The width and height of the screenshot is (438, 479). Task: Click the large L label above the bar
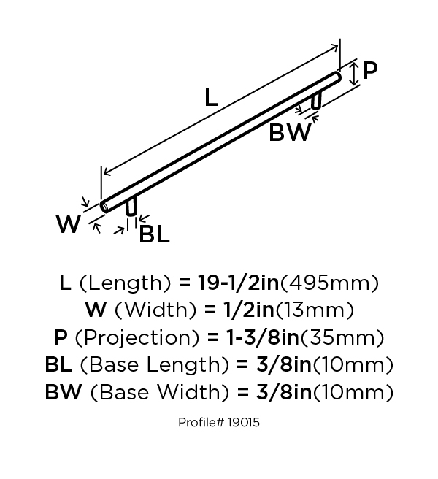click(211, 97)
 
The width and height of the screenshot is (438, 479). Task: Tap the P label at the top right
click(370, 71)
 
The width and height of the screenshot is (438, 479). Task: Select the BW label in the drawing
click(290, 132)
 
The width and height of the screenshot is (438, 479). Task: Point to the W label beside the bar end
click(69, 224)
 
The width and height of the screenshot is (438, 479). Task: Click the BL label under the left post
click(154, 234)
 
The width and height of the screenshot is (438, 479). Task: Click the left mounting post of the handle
click(131, 207)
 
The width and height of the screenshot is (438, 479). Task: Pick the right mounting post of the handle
click(316, 100)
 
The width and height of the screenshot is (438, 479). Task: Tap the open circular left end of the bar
click(104, 207)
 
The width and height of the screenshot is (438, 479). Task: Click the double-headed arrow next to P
click(354, 74)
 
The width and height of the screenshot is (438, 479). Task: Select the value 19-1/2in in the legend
click(239, 283)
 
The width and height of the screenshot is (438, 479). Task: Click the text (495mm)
click(329, 283)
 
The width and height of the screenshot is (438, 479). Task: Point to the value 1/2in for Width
click(249, 310)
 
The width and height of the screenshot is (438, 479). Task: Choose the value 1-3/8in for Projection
click(262, 337)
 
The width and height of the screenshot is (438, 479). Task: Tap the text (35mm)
click(342, 337)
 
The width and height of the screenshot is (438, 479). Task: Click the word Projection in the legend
click(137, 337)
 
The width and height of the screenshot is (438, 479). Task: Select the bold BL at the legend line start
click(58, 364)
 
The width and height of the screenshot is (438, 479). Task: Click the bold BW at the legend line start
click(64, 392)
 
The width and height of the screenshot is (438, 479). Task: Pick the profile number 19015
click(243, 423)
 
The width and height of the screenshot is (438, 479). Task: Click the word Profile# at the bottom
click(201, 423)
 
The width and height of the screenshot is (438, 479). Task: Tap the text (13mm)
click(315, 310)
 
